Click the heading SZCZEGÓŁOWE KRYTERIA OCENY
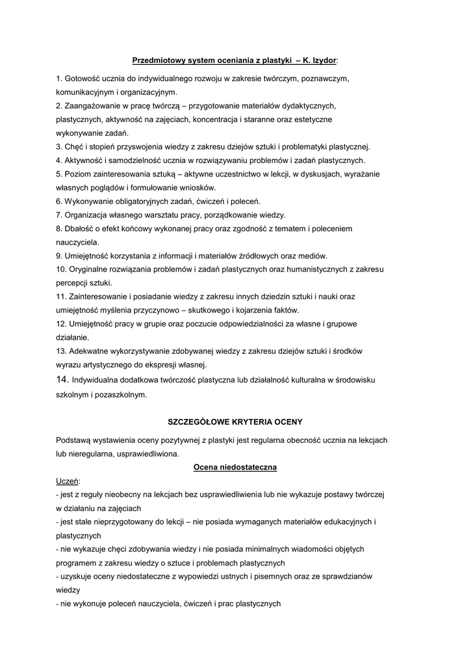[235, 421]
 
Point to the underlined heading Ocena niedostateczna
[235, 467]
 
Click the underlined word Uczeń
[68, 481]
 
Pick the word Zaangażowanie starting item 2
[95, 106]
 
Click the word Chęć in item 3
[73, 147]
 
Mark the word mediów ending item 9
[313, 255]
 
